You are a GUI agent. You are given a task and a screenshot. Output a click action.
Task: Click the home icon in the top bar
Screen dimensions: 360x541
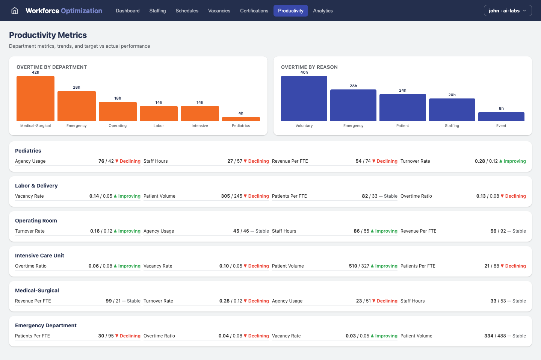pyautogui.click(x=15, y=11)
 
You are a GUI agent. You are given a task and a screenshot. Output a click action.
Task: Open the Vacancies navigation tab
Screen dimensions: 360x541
pyautogui.click(x=219, y=11)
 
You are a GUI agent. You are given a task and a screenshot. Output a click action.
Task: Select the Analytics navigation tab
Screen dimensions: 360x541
pyautogui.click(x=323, y=11)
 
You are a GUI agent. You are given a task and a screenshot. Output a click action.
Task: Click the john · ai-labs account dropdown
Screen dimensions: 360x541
pyautogui.click(x=508, y=11)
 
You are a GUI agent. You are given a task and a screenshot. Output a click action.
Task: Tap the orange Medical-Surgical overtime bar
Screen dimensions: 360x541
pyautogui.click(x=35, y=98)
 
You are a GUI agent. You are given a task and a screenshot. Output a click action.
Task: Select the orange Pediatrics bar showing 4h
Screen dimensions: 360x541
pyautogui.click(x=241, y=119)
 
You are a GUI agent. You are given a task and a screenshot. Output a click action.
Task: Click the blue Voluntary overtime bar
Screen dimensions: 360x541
pyautogui.click(x=304, y=98)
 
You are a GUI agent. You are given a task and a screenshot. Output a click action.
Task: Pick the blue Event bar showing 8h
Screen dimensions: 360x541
pyautogui.click(x=501, y=116)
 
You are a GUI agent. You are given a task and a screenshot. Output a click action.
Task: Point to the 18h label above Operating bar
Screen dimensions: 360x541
pyautogui.click(x=118, y=98)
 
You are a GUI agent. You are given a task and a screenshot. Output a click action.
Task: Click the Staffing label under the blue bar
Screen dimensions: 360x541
pyautogui.click(x=452, y=126)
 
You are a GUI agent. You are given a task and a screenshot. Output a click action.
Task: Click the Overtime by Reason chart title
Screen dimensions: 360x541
pyautogui.click(x=309, y=67)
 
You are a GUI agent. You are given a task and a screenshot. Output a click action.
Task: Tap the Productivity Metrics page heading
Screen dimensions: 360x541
pyautogui.click(x=48, y=35)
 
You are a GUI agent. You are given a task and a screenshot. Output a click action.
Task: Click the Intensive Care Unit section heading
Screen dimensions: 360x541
pyautogui.click(x=39, y=256)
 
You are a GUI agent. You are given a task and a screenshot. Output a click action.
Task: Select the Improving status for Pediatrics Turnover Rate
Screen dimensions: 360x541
pyautogui.click(x=514, y=161)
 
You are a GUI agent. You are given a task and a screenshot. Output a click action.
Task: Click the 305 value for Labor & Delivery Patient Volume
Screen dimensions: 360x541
pyautogui.click(x=225, y=196)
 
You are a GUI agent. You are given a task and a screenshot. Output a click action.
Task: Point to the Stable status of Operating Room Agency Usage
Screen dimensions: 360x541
pyautogui.click(x=262, y=231)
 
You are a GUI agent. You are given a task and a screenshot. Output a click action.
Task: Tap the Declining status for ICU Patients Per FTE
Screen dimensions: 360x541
pyautogui.click(x=515, y=266)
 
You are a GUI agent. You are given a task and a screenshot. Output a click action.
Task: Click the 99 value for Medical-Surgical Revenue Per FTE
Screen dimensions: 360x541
pyautogui.click(x=109, y=301)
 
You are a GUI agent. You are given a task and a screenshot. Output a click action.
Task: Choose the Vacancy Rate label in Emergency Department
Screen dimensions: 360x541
pyautogui.click(x=286, y=336)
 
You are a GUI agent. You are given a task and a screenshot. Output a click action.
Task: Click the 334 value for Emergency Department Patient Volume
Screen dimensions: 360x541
pyautogui.click(x=489, y=336)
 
